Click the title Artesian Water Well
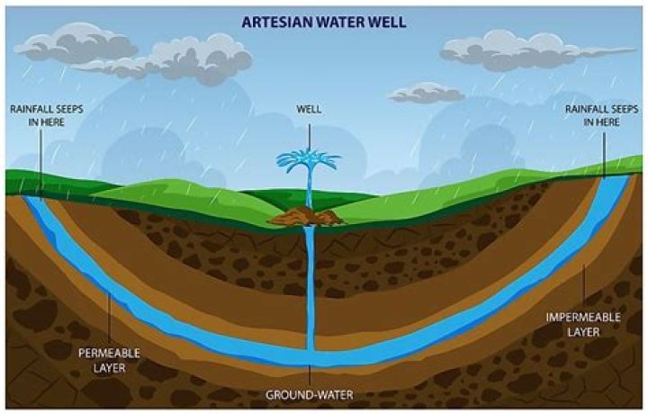pos(324,22)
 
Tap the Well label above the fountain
pos(309,110)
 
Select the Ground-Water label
pos(309,395)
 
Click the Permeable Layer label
pos(109,361)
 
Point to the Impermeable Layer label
pos(583,325)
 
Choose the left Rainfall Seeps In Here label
pos(47,116)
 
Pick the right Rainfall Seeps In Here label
pos(602,116)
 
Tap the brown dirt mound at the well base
pos(306,217)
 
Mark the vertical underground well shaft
pos(310,287)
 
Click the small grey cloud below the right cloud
pos(427,93)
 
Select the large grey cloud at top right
pos(536,49)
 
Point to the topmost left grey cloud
pos(76,42)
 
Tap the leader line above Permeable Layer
pos(109,318)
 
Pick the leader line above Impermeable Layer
pos(583,287)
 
